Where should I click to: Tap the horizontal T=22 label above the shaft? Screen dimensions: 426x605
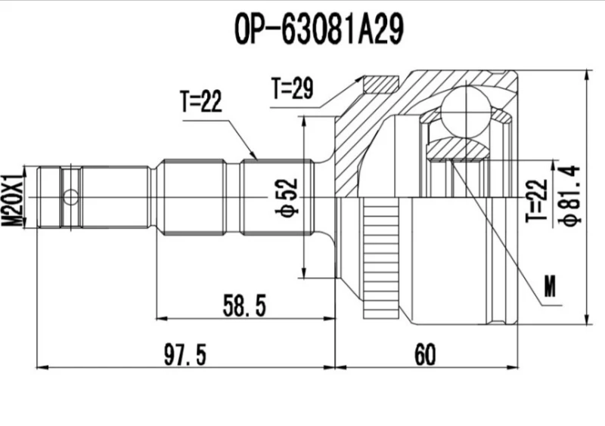tap(200, 101)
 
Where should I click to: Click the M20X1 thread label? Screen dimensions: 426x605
tap(11, 198)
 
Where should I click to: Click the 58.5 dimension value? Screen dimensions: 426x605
tap(244, 306)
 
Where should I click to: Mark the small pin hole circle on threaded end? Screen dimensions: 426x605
tap(70, 198)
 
